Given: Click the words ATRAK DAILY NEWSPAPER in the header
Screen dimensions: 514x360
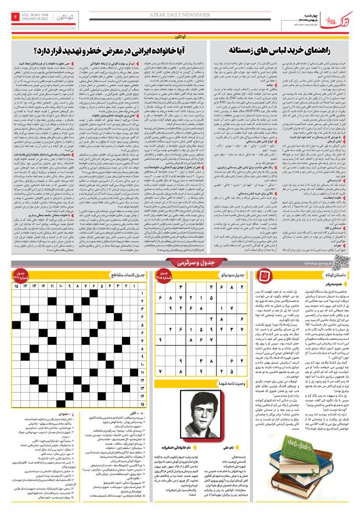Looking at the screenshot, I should [x=180, y=9].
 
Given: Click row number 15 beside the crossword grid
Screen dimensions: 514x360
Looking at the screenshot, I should [x=139, y=419].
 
